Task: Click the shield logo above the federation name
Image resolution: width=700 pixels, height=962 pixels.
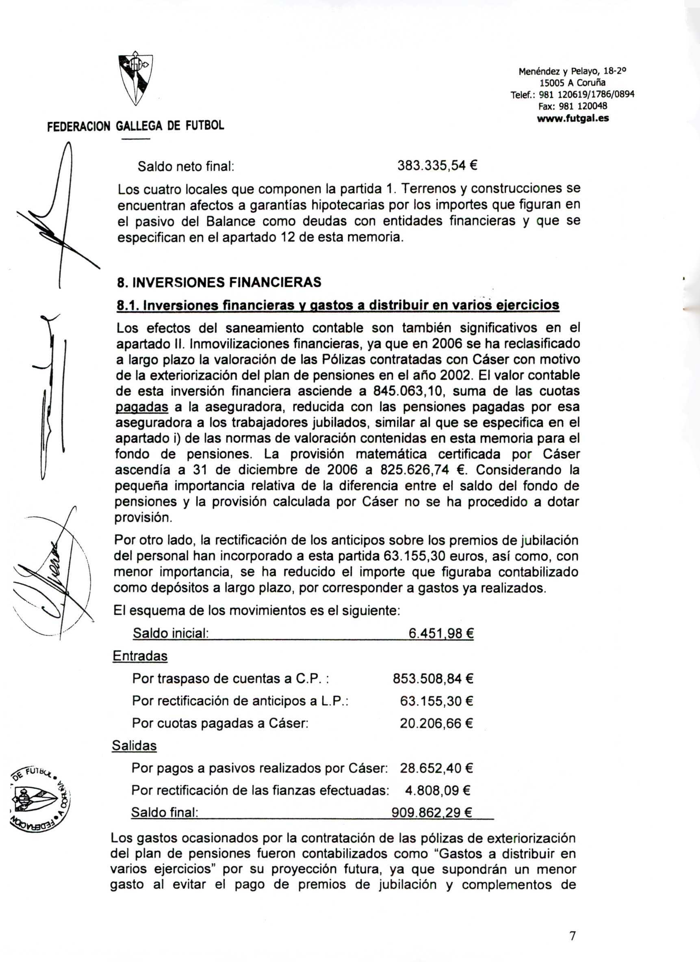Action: (x=135, y=79)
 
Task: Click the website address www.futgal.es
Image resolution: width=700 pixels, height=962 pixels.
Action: (x=573, y=119)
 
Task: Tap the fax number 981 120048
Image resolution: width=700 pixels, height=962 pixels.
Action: (x=573, y=106)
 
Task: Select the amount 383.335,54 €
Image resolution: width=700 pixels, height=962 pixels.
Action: (x=438, y=165)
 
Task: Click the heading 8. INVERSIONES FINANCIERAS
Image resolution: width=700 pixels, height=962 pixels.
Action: (x=219, y=282)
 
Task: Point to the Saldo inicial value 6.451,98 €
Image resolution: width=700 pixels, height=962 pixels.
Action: (x=441, y=633)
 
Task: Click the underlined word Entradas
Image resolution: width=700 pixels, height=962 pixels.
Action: (x=140, y=656)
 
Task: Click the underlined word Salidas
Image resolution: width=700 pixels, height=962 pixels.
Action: (x=134, y=746)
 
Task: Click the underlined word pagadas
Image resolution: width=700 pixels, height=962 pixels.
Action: (x=142, y=407)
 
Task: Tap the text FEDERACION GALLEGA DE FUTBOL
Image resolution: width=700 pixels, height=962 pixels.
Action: (x=135, y=126)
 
